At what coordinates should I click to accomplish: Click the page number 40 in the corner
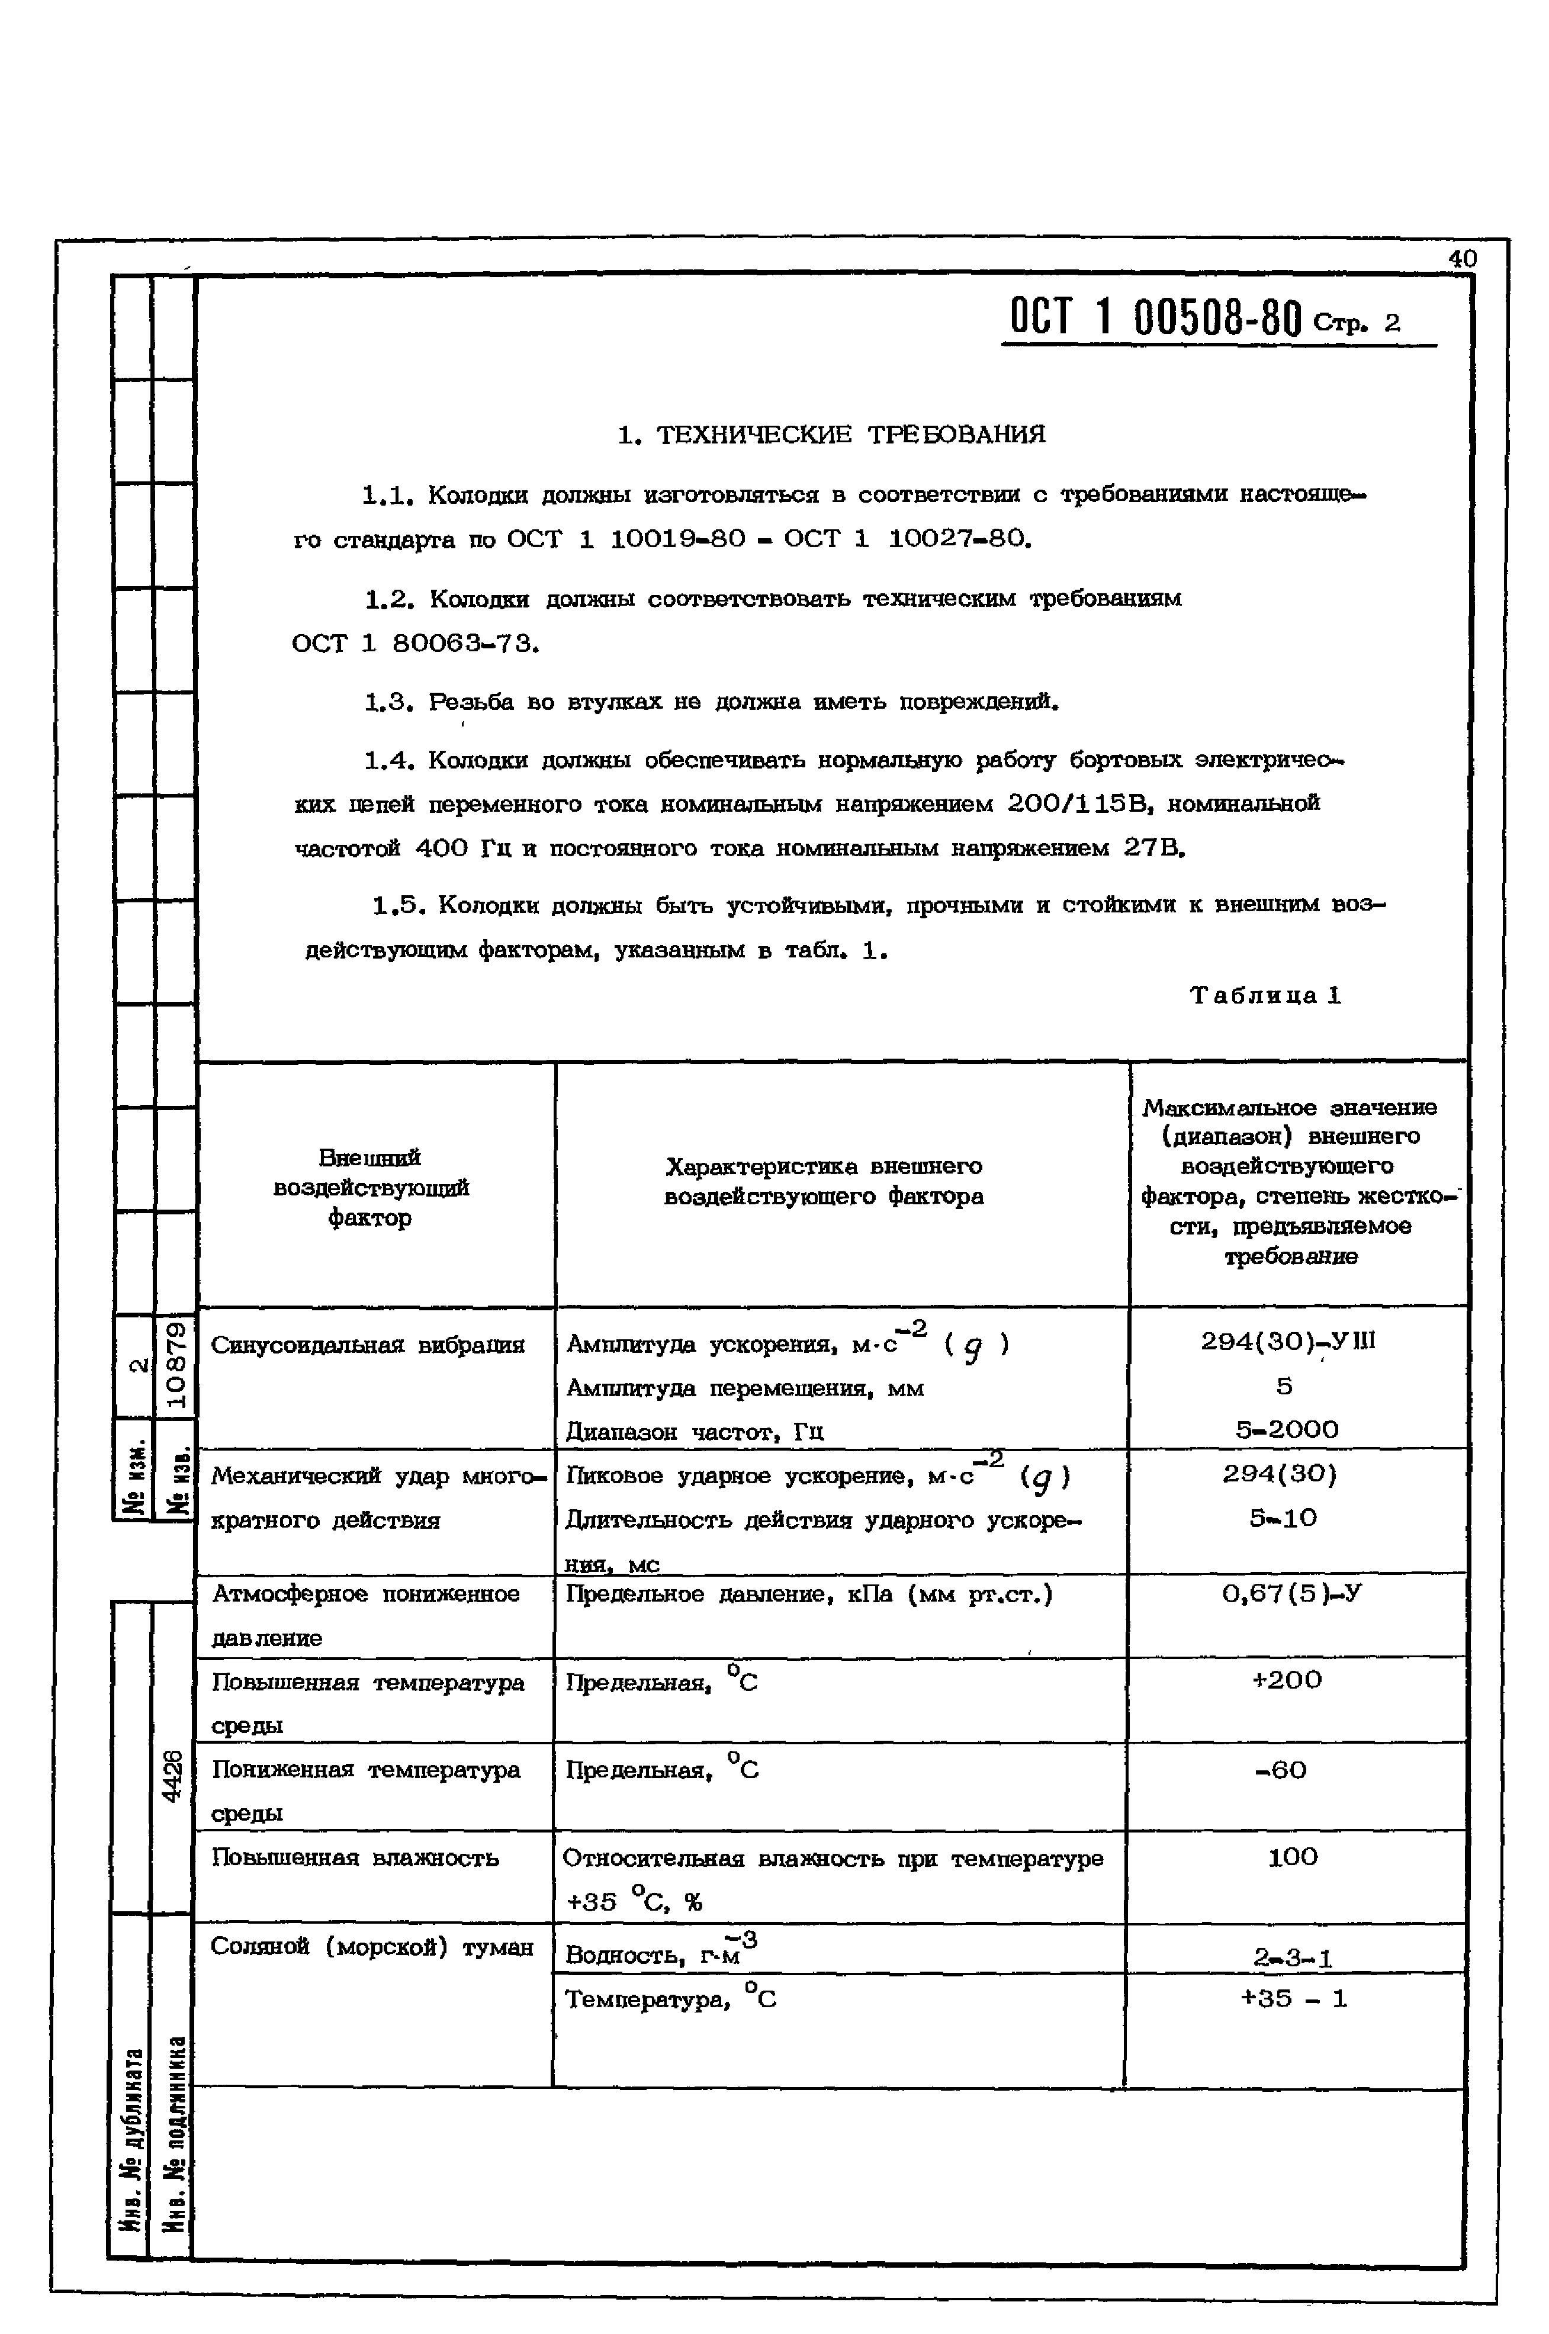pos(1462,259)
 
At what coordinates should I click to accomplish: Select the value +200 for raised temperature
pos(1286,1680)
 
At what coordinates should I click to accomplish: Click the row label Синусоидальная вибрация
pos(368,1345)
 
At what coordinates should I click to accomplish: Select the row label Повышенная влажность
pos(356,1858)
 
